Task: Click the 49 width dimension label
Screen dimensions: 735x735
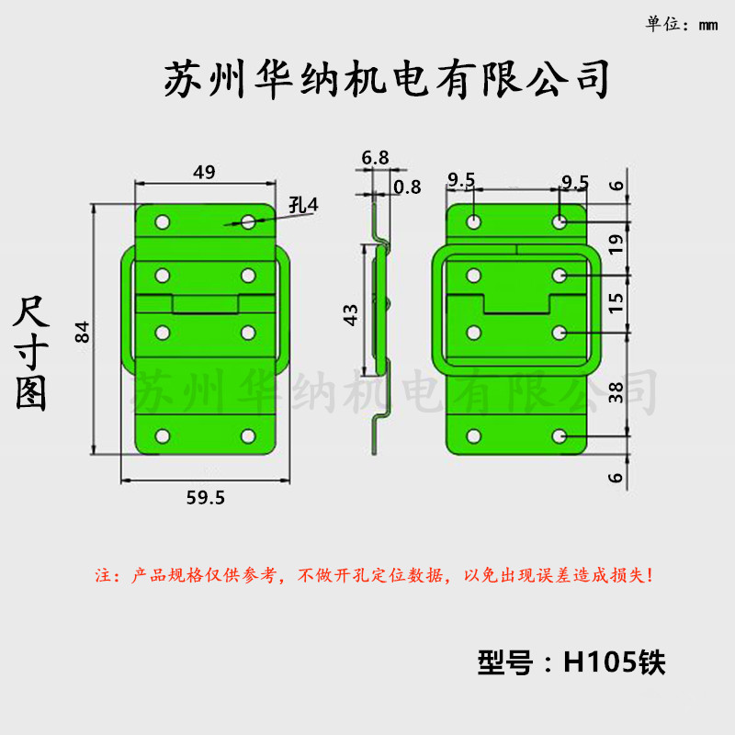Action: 204,172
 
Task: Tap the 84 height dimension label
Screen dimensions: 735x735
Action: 83,332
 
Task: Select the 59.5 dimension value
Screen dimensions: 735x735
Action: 205,498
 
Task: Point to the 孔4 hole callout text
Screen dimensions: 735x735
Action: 304,205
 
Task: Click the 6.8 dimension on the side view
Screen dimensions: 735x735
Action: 375,157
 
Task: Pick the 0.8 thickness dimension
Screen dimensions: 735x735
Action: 407,187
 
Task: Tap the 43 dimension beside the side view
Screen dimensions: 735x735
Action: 351,314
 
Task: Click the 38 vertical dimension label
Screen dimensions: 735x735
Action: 616,392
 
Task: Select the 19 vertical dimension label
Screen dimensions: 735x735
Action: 616,244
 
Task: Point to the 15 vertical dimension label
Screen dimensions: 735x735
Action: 616,303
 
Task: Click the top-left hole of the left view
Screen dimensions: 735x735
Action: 163,221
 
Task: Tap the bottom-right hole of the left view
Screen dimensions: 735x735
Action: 248,436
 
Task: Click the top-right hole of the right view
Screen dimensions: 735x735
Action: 560,221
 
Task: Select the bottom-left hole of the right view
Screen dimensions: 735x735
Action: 474,436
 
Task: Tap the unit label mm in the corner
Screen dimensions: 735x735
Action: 707,26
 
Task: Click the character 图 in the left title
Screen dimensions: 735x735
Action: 31,394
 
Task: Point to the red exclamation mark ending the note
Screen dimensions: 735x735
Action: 650,575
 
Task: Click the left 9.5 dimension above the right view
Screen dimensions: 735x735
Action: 461,179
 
